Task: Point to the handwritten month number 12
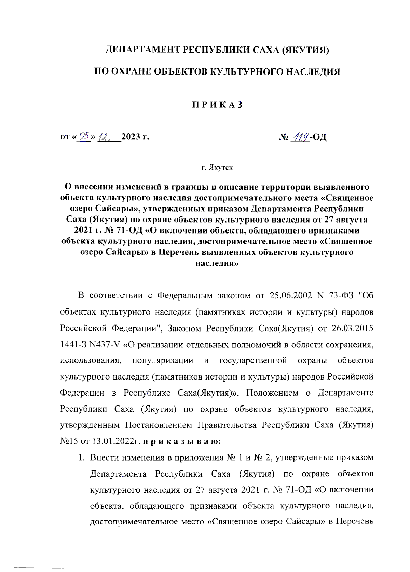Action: click(104, 137)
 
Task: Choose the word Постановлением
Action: click(158, 426)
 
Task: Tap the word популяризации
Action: click(163, 361)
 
